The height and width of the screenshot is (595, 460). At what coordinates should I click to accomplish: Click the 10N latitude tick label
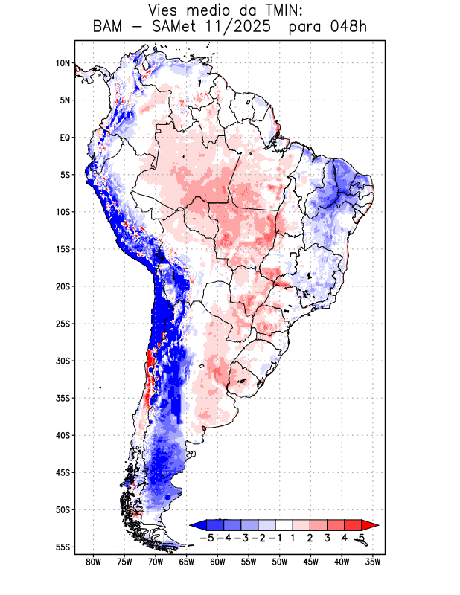[x=63, y=63]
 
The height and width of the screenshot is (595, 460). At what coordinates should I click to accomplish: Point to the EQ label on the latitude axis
[x=65, y=138]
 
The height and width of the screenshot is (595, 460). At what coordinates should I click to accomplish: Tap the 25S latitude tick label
[x=63, y=324]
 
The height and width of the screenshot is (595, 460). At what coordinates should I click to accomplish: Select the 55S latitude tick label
[x=63, y=547]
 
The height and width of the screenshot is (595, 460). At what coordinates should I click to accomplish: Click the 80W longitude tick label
[x=94, y=562]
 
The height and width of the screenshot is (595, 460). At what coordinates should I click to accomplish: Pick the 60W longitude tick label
[x=217, y=562]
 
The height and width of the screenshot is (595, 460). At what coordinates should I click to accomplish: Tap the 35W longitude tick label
[x=373, y=562]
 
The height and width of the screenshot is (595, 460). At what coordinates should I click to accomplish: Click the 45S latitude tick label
[x=63, y=472]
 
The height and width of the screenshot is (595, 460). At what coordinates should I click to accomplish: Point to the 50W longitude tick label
[x=279, y=562]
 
